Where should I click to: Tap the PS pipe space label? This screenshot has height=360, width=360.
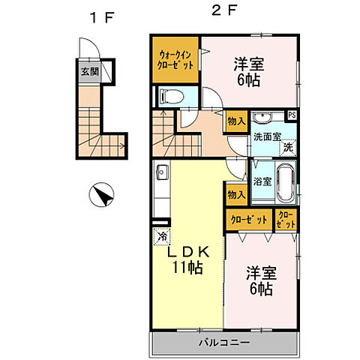(292, 115)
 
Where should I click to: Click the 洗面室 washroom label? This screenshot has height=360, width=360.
(266, 137)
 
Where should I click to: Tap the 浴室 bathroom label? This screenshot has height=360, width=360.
(262, 181)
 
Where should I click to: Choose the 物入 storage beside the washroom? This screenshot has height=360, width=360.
(236, 120)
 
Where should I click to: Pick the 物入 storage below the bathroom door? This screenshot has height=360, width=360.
(236, 195)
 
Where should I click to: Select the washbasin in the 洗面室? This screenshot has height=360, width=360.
(261, 118)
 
